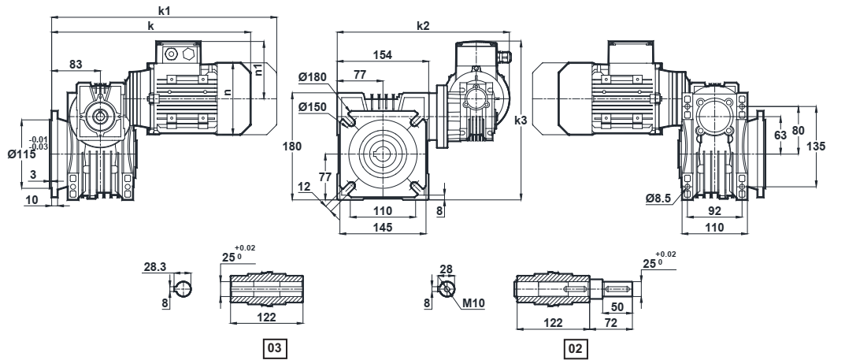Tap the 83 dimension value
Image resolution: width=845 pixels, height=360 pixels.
click(x=76, y=63)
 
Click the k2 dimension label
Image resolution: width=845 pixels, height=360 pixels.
click(x=423, y=26)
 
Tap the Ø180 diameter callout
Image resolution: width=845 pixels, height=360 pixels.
click(x=317, y=77)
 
